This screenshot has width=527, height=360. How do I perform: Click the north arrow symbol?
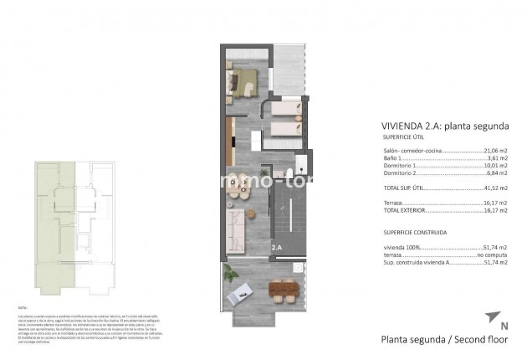[x=490, y=317]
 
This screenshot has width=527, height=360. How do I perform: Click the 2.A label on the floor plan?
[x=276, y=248]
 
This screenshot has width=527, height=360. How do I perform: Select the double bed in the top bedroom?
[x=243, y=82]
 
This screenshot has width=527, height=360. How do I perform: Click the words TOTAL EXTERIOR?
[x=394, y=210]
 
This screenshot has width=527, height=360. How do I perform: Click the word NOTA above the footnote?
[x=23, y=309]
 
